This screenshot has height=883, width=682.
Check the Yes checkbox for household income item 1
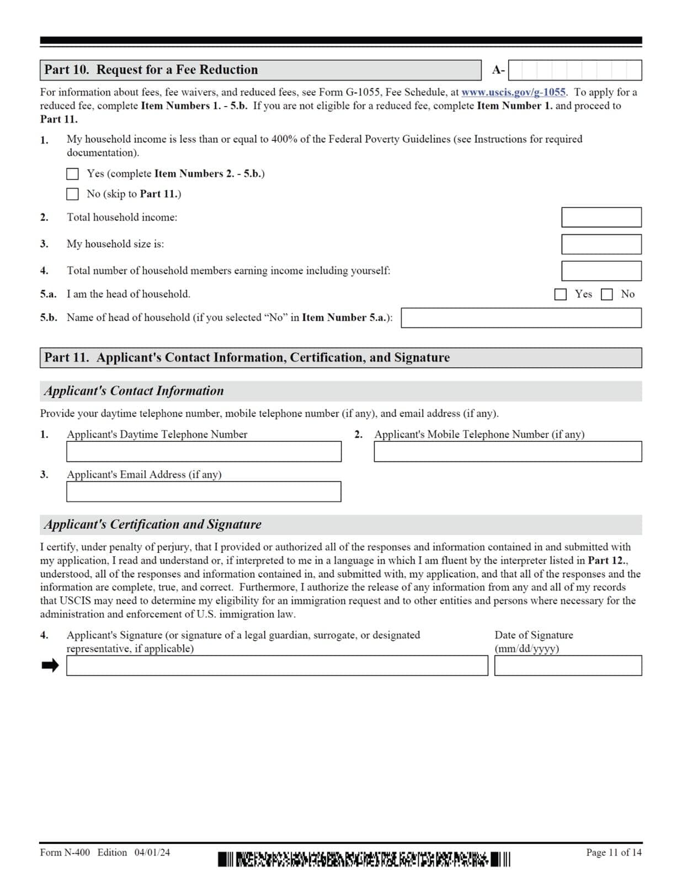coord(72,174)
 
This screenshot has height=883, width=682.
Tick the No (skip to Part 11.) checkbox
coord(72,194)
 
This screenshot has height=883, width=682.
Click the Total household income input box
coord(601,217)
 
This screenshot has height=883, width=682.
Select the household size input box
coord(601,244)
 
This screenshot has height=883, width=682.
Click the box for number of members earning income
coord(601,270)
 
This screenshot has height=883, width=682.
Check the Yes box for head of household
coord(560,294)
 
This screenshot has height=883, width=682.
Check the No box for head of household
coord(606,294)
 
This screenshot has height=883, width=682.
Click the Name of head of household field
coord(521,318)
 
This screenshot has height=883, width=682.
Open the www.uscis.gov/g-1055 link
coord(513,92)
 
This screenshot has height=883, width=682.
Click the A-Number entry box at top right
coord(574,70)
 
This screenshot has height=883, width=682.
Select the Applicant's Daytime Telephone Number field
coord(204,451)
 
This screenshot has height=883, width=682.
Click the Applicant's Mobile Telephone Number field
coord(508,451)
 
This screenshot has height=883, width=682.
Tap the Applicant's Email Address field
coord(204,492)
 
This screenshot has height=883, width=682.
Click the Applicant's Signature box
coord(277,666)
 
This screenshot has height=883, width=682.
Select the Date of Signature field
coord(568,666)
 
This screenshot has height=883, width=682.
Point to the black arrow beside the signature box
coord(50,666)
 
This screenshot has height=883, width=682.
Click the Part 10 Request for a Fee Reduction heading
coord(151,70)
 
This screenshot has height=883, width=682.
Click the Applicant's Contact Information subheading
coord(134,391)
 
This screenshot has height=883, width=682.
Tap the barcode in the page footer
coord(364,859)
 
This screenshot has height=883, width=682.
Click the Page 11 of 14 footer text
coord(614,853)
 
